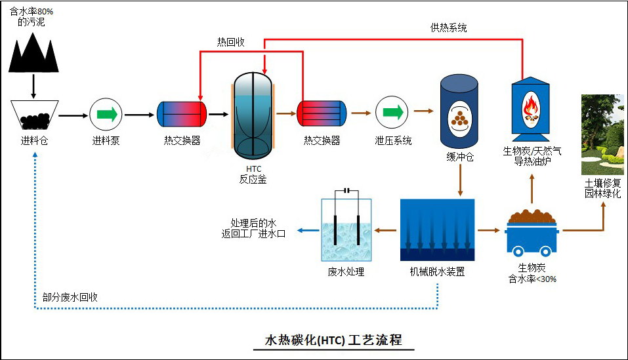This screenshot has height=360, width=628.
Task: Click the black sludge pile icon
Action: point(34,52)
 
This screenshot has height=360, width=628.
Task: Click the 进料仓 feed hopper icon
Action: point(35,115)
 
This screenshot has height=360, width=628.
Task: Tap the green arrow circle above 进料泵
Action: point(106,114)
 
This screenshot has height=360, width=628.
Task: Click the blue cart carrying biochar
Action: point(532,233)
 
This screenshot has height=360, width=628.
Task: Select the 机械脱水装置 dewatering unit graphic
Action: point(437,230)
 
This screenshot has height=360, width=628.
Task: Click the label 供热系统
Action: point(448,28)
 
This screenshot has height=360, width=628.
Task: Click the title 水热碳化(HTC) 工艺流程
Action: point(333,340)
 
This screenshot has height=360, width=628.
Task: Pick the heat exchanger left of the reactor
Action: point(182,114)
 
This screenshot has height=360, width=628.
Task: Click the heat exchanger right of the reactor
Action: point(321,114)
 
